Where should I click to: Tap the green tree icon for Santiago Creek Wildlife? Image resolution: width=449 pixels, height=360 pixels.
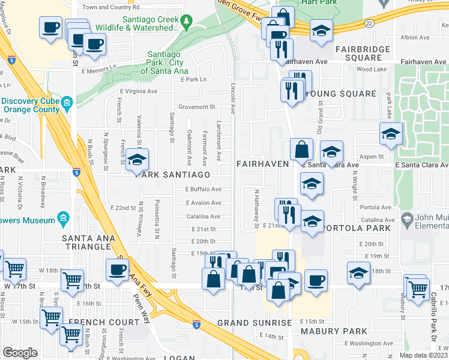click(x=187, y=22)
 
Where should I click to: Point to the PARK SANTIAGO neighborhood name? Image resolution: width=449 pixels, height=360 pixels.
click(x=172, y=175)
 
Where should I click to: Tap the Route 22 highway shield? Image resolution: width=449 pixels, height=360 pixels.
click(x=367, y=23)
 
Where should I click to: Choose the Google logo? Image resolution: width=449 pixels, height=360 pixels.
click(x=20, y=352)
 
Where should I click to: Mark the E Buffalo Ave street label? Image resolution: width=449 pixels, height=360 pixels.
click(x=203, y=189)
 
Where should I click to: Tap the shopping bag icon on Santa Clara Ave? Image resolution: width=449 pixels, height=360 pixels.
click(x=301, y=149)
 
